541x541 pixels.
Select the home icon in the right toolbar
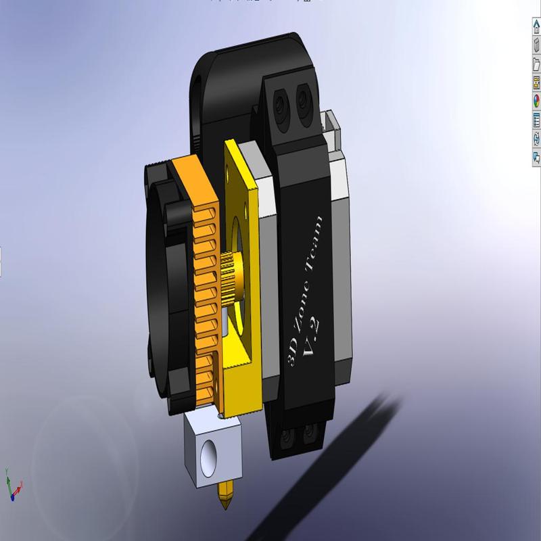tap(536, 27)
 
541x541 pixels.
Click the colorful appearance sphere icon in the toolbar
tap(536, 101)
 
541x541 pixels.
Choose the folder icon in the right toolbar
tap(536, 64)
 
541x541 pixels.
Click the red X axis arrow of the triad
tap(20, 485)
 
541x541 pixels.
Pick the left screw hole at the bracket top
tap(279, 103)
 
